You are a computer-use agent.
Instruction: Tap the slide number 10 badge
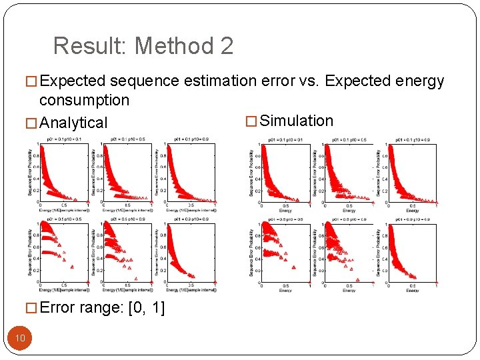click(20, 338)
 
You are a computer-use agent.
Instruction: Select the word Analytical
click(73, 123)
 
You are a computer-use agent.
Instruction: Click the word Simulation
click(296, 121)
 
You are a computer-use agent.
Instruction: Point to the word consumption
click(84, 100)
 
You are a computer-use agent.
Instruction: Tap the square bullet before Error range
click(31, 309)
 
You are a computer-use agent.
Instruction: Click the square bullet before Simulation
click(251, 121)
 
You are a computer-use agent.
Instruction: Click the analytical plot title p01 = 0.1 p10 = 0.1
click(64, 139)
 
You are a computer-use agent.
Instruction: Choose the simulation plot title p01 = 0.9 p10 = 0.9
click(413, 219)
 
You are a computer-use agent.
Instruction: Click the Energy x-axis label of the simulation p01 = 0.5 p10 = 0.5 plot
click(285, 291)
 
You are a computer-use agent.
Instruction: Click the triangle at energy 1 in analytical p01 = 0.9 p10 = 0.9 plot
click(215, 282)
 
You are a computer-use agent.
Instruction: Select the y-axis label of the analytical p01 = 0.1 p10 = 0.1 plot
click(30, 172)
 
